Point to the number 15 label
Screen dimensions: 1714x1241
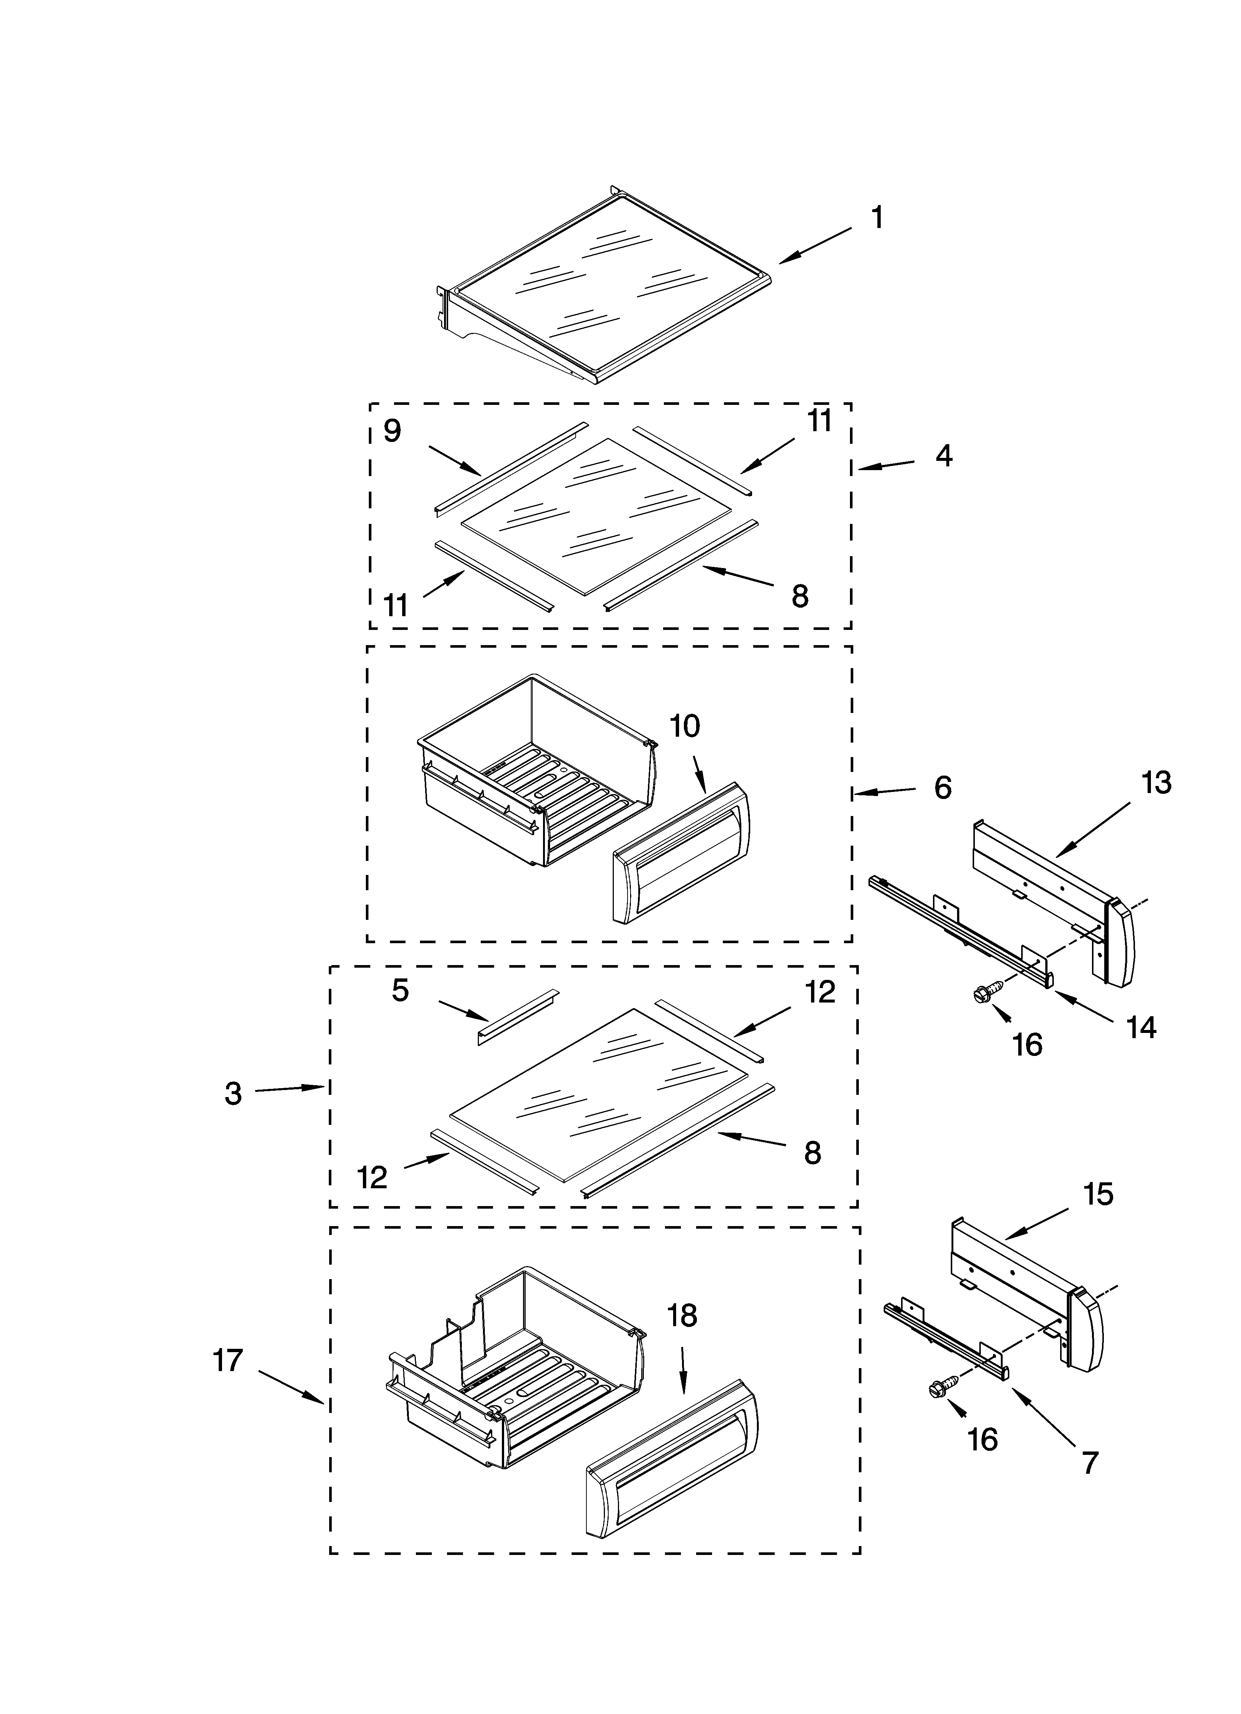1098,1194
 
